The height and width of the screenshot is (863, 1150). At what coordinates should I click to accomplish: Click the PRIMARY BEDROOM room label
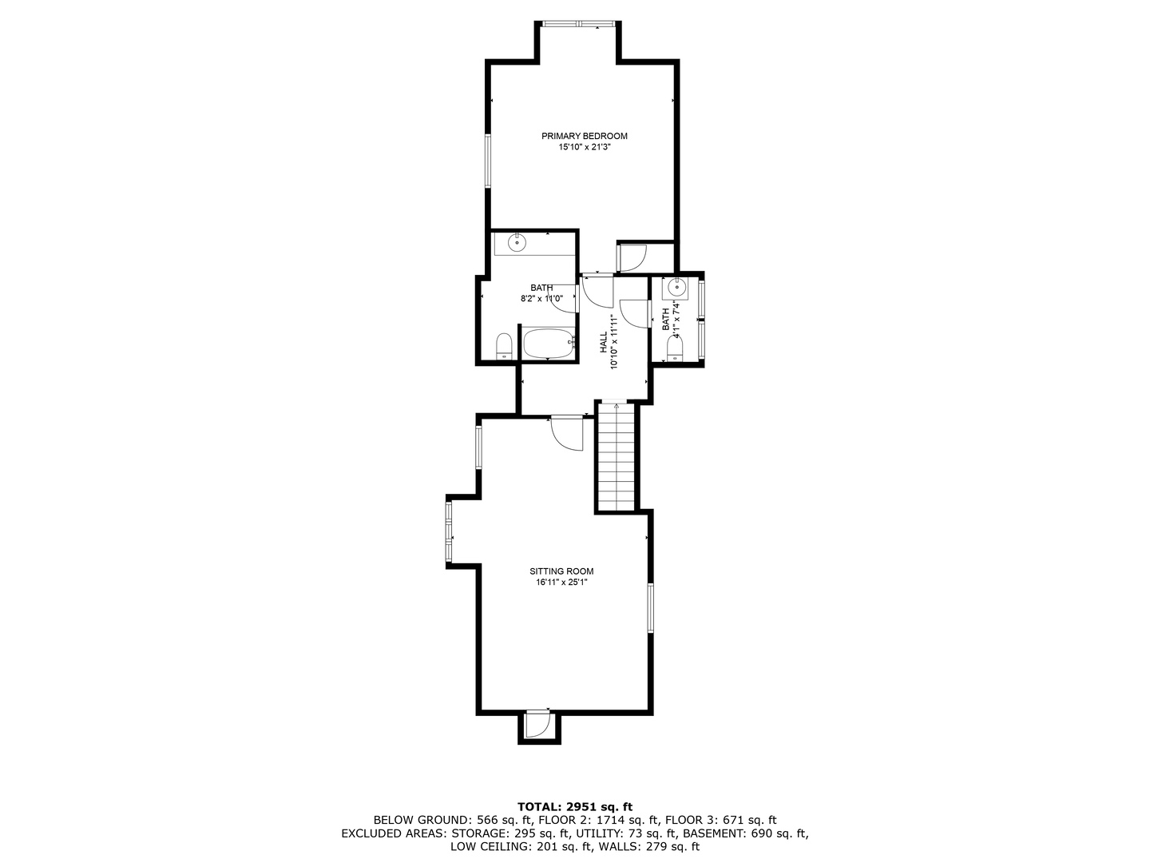pos(584,136)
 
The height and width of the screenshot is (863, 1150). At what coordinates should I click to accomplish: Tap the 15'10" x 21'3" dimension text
pos(584,147)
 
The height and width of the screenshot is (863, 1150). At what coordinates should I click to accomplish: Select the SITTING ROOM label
pos(561,571)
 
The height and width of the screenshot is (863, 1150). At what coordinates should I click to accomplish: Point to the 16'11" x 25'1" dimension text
pos(561,583)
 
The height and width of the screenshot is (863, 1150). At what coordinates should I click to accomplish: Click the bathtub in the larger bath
pos(549,344)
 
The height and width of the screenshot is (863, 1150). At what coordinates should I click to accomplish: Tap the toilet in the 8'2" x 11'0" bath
pos(504,347)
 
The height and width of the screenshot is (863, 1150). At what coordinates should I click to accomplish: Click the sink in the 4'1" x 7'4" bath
pos(678,287)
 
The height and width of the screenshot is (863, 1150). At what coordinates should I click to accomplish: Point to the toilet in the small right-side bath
pos(676,348)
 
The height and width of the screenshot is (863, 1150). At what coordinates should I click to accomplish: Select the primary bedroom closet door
pos(633,256)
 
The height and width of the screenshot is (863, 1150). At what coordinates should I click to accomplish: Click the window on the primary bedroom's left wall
pos(489,161)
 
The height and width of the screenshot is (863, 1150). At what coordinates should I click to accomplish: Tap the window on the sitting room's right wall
pos(651,609)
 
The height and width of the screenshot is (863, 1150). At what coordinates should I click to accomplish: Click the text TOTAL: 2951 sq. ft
pos(575,806)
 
